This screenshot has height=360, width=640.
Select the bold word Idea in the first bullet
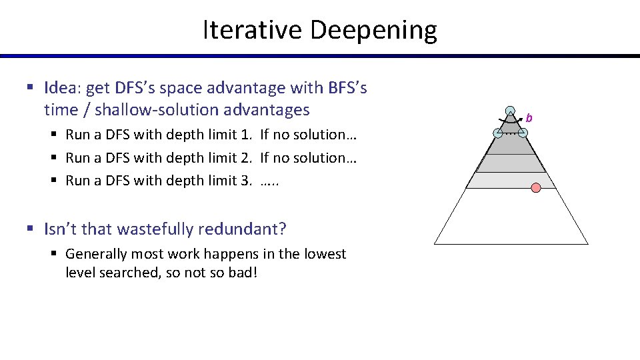[x=61, y=87]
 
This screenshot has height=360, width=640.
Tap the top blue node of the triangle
[x=510, y=111]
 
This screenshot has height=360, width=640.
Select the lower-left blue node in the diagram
[x=498, y=133]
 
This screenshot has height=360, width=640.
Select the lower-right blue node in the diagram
[x=523, y=133]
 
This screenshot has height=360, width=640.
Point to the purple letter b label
[x=529, y=118]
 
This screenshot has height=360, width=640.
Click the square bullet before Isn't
[x=30, y=230]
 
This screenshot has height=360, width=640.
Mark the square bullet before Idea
[x=30, y=88]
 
